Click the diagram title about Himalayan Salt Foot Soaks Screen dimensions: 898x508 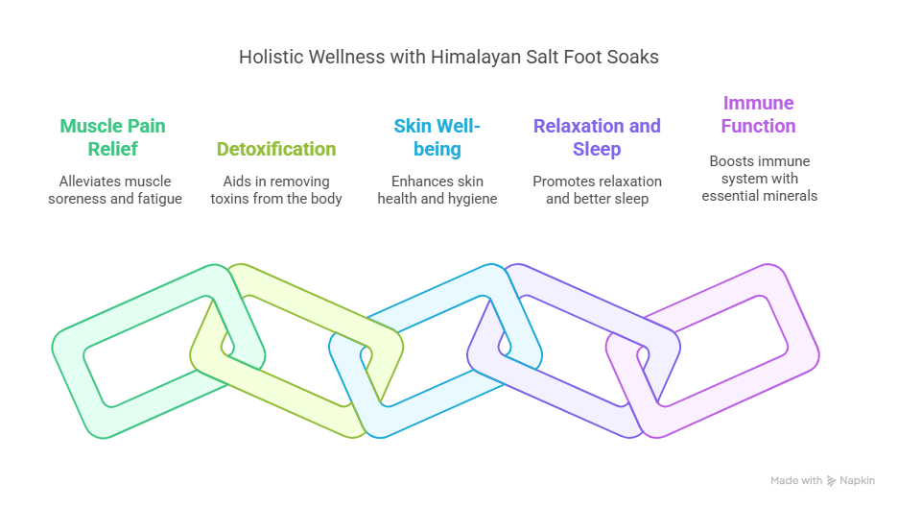448,57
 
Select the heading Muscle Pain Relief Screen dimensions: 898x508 113,137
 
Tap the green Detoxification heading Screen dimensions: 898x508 276,149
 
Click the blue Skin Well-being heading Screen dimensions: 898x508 437,137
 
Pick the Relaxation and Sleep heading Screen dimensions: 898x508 597,137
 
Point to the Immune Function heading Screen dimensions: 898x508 758,114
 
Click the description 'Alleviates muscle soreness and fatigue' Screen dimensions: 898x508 115,190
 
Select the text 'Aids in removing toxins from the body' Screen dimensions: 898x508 276,190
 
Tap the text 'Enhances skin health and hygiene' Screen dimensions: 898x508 437,190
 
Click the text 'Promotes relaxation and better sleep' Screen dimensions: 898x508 597,190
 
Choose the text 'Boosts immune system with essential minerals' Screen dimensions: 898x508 760,179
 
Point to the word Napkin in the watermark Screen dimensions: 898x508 857,480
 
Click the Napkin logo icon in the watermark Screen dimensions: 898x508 831,481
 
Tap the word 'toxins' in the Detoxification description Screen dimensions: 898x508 228,199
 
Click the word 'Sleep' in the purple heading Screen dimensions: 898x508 597,149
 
